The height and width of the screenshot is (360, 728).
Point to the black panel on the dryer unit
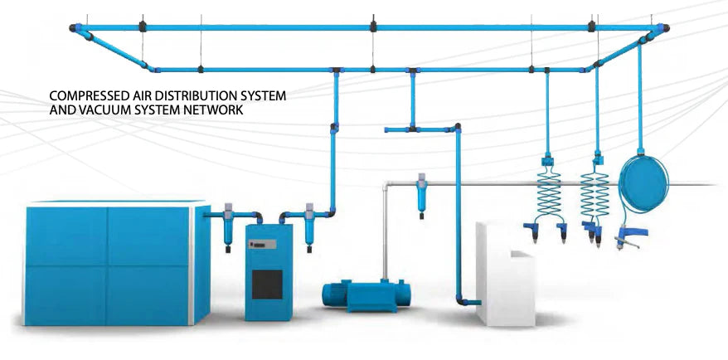[x=267, y=284]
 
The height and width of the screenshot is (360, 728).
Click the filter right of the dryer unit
[x=310, y=223]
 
